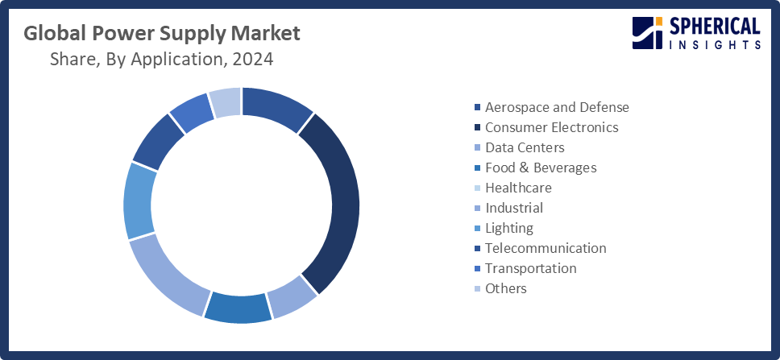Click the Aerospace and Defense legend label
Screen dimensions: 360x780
[557, 107]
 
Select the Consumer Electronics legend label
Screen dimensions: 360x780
[551, 127]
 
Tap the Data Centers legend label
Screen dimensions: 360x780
[525, 147]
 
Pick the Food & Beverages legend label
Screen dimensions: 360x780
[541, 168]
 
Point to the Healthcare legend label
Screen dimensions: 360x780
[518, 188]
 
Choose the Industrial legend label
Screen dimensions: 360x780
[514, 208]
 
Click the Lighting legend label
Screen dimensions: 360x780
[509, 228]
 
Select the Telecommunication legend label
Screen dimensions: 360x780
[546, 248]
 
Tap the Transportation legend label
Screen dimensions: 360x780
[531, 268]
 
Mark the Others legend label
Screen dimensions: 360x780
[506, 288]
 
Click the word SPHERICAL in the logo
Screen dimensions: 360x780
[716, 27]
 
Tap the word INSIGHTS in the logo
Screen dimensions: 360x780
[716, 46]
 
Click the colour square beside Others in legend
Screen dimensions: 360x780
[478, 288]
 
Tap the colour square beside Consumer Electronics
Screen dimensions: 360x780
[478, 127]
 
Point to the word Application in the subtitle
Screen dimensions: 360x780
[170, 59]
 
